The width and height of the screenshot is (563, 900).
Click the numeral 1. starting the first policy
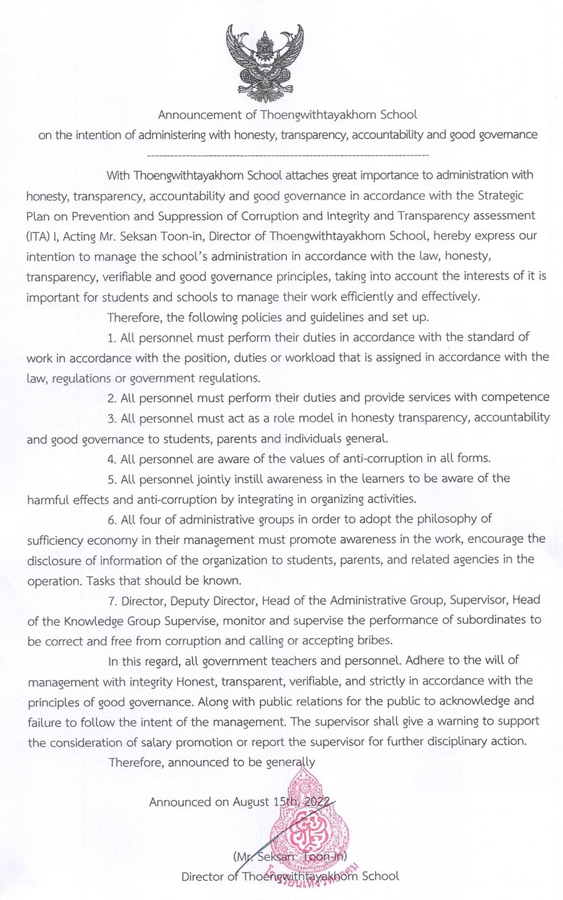[113, 337]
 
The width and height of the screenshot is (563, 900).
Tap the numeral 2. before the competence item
[113, 397]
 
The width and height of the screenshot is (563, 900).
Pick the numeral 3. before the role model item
[113, 417]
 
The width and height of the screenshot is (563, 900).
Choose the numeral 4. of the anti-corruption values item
[113, 458]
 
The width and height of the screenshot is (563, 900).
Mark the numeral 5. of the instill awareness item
[113, 478]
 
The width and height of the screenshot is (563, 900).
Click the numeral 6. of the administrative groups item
[113, 519]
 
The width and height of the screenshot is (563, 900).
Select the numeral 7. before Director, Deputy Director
[113, 600]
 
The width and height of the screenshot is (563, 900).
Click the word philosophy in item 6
[460, 519]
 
